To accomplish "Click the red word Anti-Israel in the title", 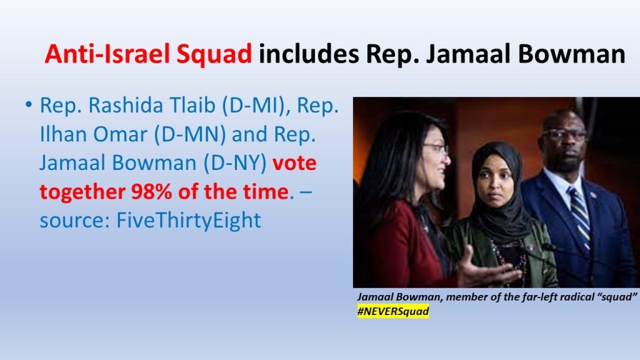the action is [x=107, y=54].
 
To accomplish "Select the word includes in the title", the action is [x=309, y=54].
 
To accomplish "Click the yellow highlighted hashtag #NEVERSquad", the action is [x=393, y=311].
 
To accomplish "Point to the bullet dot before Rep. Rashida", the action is [x=28, y=105].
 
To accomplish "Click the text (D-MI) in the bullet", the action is [x=256, y=106].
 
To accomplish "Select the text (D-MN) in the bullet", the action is [x=190, y=134].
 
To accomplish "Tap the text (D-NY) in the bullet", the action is [x=235, y=163].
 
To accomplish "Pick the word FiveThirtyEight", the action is [x=189, y=221].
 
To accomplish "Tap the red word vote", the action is [x=295, y=163].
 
